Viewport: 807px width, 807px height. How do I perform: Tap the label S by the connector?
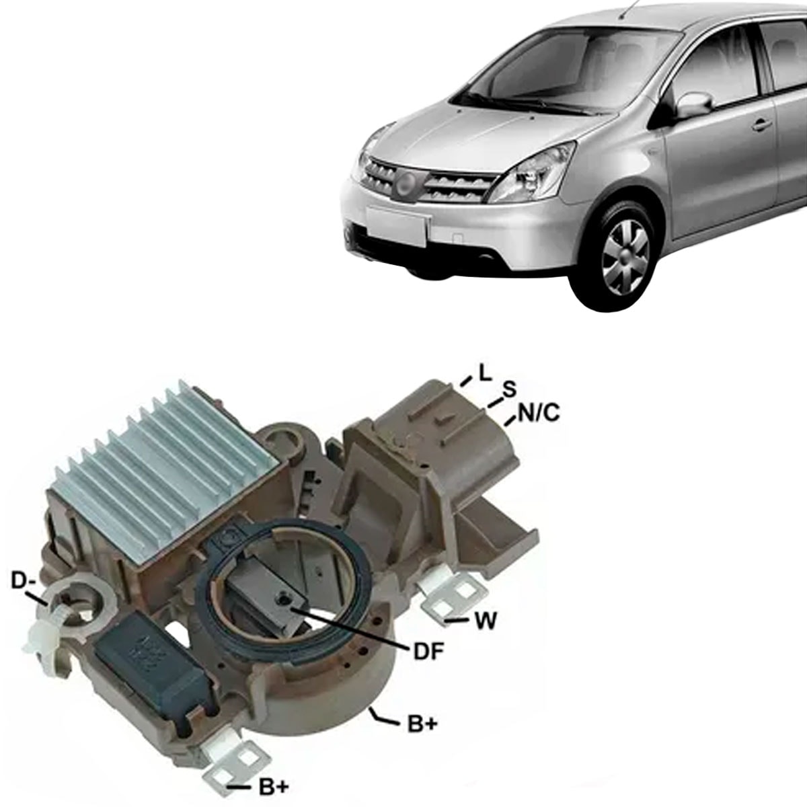510,389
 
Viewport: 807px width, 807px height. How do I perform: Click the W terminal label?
485,621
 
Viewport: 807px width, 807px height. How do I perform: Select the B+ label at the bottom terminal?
273,787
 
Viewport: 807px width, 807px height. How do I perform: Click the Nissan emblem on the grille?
403,181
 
